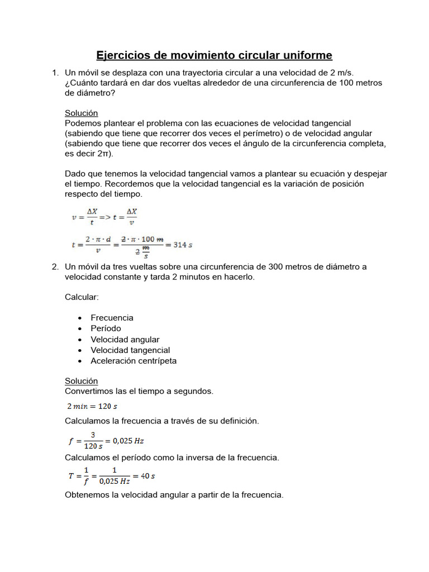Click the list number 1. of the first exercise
pyautogui.click(x=55, y=73)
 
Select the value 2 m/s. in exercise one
pyautogui.click(x=340, y=73)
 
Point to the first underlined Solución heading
pyautogui.click(x=81, y=113)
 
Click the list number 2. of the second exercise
pyautogui.click(x=55, y=267)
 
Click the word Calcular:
pyautogui.click(x=82, y=297)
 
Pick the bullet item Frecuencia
pyautogui.click(x=112, y=318)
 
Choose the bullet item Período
pyautogui.click(x=106, y=328)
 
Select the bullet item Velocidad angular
pyautogui.click(x=125, y=340)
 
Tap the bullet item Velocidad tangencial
pyautogui.click(x=130, y=350)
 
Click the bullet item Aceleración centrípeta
pyautogui.click(x=134, y=361)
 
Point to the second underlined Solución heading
pyautogui.click(x=81, y=381)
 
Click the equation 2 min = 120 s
pyautogui.click(x=92, y=406)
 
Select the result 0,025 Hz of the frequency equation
pyautogui.click(x=128, y=441)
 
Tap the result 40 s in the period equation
pyautogui.click(x=147, y=476)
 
